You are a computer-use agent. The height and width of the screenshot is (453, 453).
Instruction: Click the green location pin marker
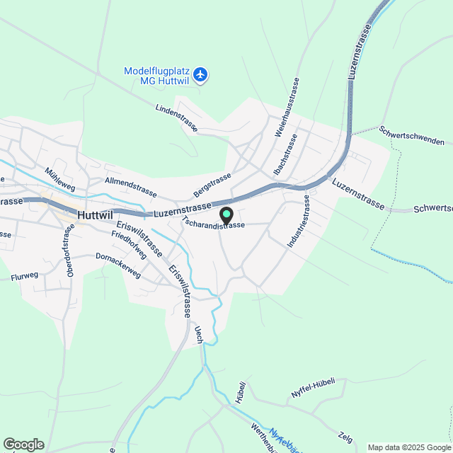(x=226, y=214)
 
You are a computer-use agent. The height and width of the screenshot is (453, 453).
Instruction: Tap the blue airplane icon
(x=201, y=74)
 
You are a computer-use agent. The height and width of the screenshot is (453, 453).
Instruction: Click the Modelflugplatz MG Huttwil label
(x=156, y=76)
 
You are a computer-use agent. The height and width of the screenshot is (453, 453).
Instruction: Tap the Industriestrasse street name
(x=298, y=222)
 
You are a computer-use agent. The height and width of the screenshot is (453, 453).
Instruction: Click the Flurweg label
(x=25, y=278)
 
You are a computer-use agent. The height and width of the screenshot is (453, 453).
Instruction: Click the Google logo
(x=23, y=444)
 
